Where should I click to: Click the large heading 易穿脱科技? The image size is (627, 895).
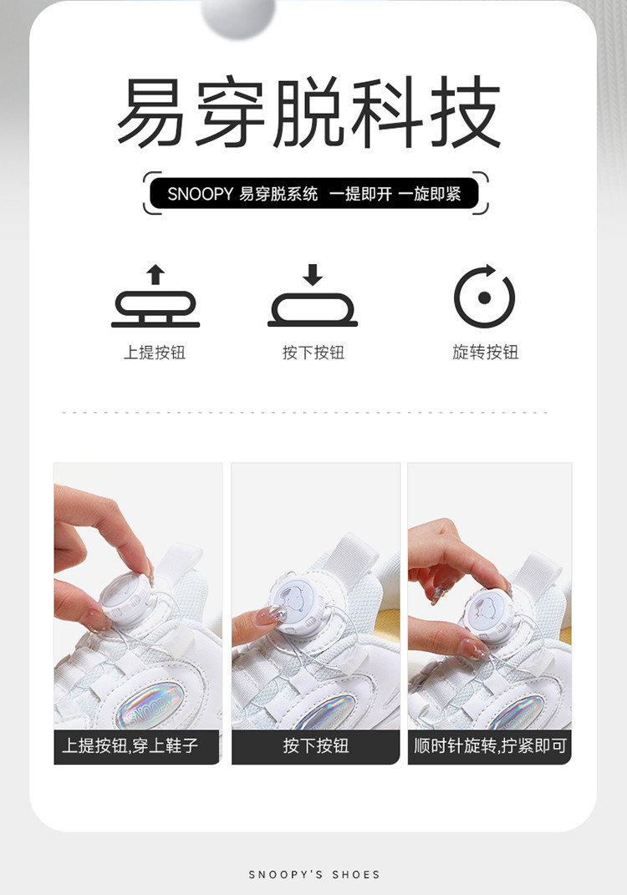point(309,112)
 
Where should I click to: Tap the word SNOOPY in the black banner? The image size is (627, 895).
point(200,194)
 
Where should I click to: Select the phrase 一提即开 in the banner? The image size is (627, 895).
point(360,194)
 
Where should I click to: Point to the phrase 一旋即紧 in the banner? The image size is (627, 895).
point(430,194)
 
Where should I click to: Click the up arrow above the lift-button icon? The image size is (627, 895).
point(155,275)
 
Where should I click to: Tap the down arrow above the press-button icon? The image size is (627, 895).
point(313,275)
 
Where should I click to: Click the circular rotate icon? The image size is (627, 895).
point(484,296)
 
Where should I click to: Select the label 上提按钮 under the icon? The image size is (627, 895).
point(155,352)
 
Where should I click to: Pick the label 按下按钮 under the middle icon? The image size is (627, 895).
point(313,352)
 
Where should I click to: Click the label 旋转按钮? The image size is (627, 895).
point(486,352)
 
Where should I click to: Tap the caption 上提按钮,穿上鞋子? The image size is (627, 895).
point(130,745)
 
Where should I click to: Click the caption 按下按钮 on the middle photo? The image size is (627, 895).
point(316,745)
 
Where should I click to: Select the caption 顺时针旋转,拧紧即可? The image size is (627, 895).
point(490,745)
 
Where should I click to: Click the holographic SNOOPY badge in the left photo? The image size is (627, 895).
point(150,705)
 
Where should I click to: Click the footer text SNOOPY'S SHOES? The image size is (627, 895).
point(314,874)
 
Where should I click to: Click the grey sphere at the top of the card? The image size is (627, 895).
point(238,16)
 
